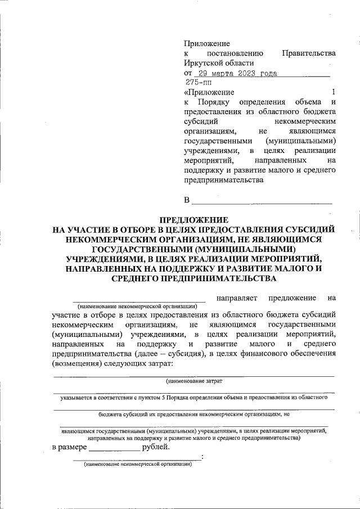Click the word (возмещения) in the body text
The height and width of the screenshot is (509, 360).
click(76, 364)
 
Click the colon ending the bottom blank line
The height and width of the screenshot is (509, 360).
click(202, 457)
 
